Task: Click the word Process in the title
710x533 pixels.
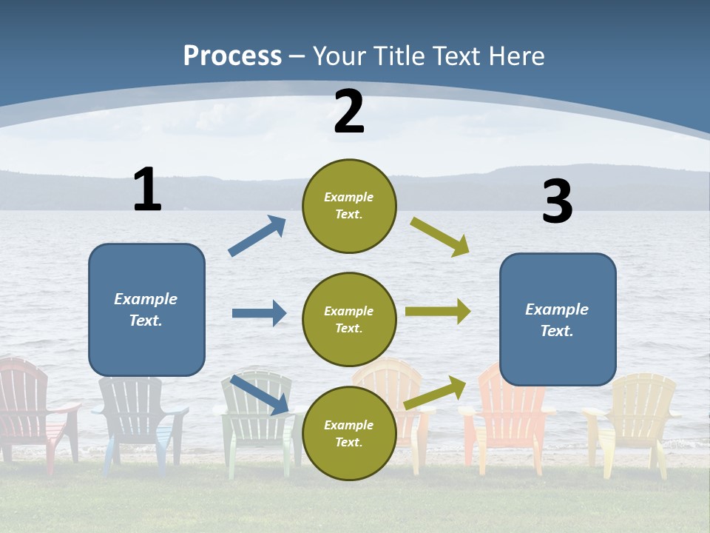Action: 232,56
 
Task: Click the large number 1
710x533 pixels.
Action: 147,190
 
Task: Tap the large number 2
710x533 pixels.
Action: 349,112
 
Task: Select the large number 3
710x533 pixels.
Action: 557,202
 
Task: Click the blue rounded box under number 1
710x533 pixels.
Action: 146,309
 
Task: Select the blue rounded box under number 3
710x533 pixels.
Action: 558,320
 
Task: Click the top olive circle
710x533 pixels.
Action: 349,206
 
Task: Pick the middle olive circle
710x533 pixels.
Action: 349,319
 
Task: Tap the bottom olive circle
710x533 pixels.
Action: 349,433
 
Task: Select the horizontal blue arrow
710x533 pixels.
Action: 259,313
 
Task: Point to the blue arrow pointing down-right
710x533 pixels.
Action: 260,395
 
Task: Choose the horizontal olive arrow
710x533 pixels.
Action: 438,312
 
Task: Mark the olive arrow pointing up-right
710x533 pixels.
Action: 436,392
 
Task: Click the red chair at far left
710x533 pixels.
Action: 30,407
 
